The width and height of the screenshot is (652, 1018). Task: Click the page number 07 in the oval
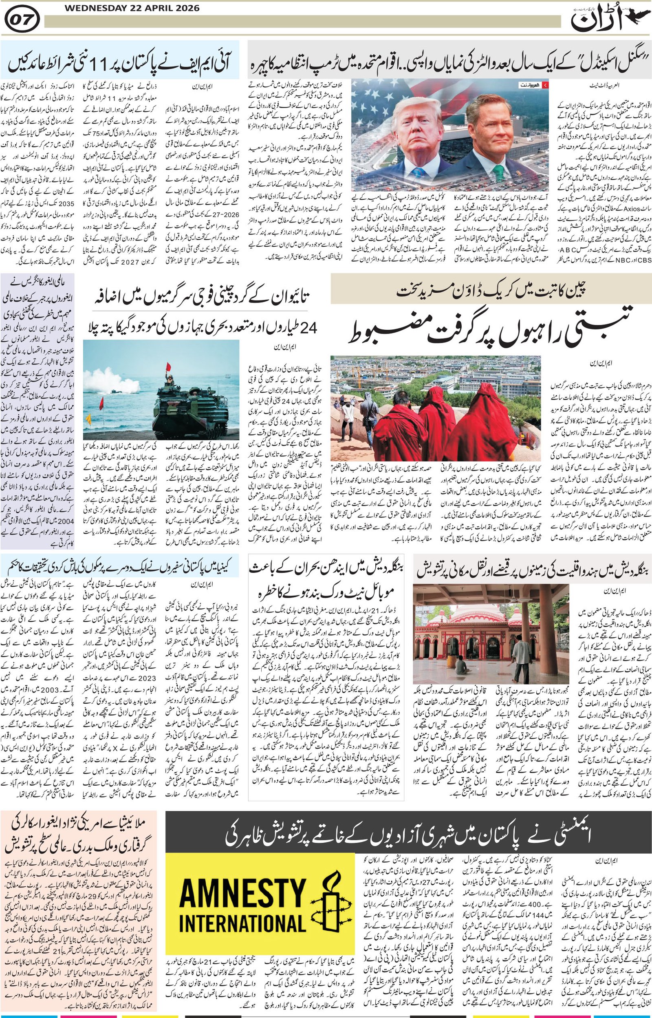tap(23, 20)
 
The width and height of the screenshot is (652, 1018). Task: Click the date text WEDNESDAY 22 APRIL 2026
tap(132, 8)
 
